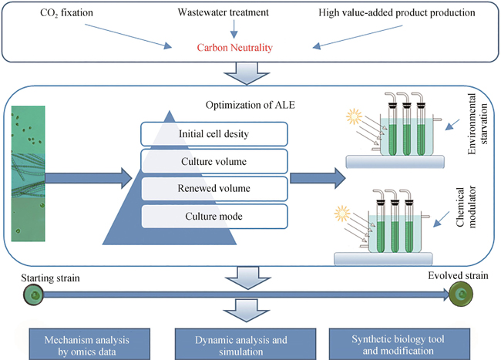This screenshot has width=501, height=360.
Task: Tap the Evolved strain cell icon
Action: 461,294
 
